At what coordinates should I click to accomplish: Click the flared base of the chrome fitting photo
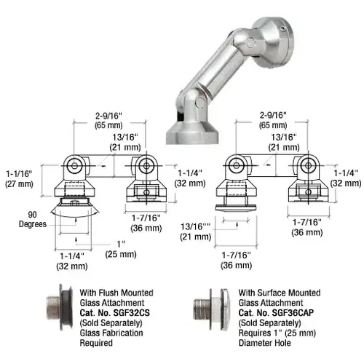click(188, 131)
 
